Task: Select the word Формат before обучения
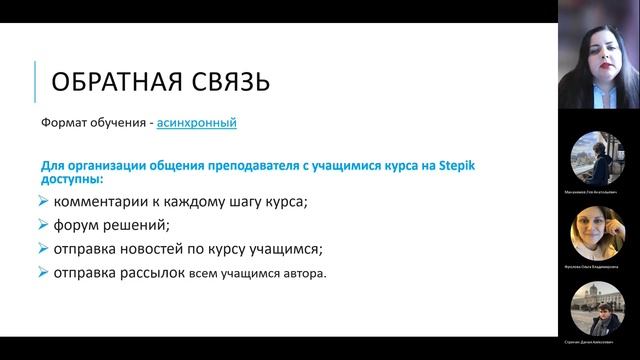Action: (63, 125)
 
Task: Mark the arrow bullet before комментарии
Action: (43, 202)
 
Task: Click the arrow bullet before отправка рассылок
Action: (43, 272)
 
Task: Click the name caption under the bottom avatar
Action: (592, 341)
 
